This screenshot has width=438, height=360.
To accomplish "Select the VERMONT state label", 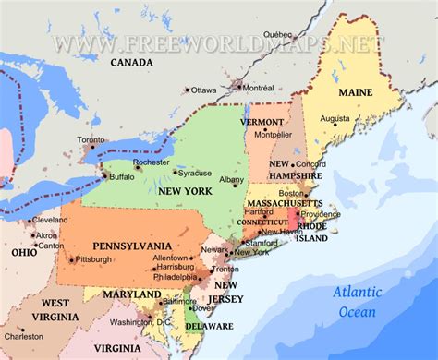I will point(262,121).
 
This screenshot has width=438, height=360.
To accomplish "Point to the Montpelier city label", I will point(273,134).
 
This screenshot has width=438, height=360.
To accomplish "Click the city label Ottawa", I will point(203,90).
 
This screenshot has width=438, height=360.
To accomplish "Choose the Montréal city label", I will point(257,87).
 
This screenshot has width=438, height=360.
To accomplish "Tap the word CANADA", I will point(131,63).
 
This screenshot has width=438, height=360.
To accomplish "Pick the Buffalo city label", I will point(121,175).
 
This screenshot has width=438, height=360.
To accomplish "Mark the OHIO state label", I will point(24,252).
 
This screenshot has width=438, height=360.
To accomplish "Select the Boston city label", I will point(291,194).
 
